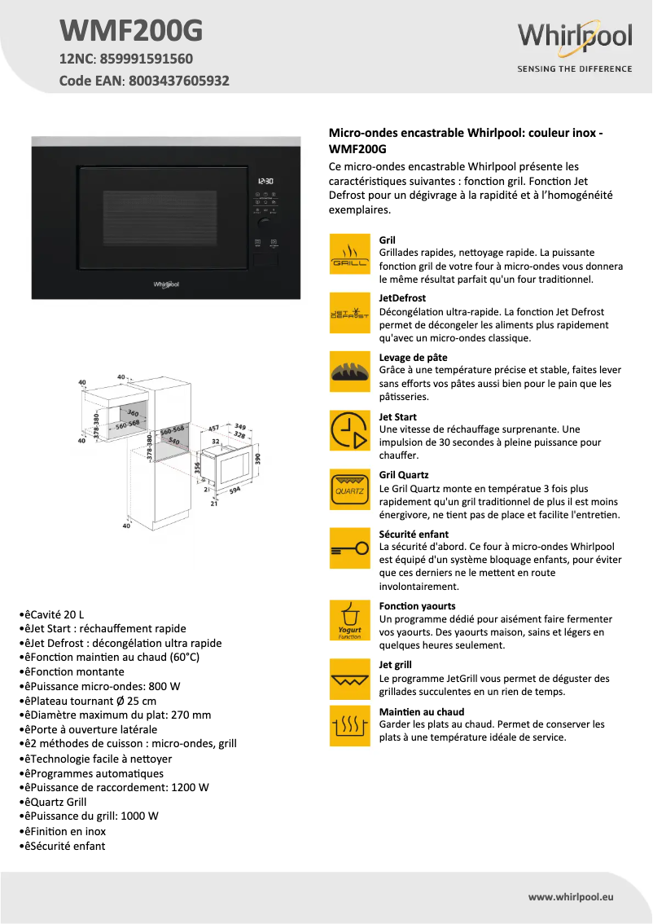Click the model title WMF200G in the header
[x=130, y=31]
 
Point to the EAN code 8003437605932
[x=176, y=81]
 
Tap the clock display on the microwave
[x=265, y=182]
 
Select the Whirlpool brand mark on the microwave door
[x=166, y=284]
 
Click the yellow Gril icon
[x=350, y=254]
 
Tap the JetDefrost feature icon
[x=350, y=313]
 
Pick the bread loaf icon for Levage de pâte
[x=350, y=372]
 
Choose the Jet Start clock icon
[x=350, y=430]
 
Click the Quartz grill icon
[x=350, y=489]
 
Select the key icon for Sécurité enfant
[x=350, y=548]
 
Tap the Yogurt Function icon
[x=350, y=620]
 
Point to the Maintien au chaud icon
[x=350, y=725]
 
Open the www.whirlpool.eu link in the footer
[x=571, y=897]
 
